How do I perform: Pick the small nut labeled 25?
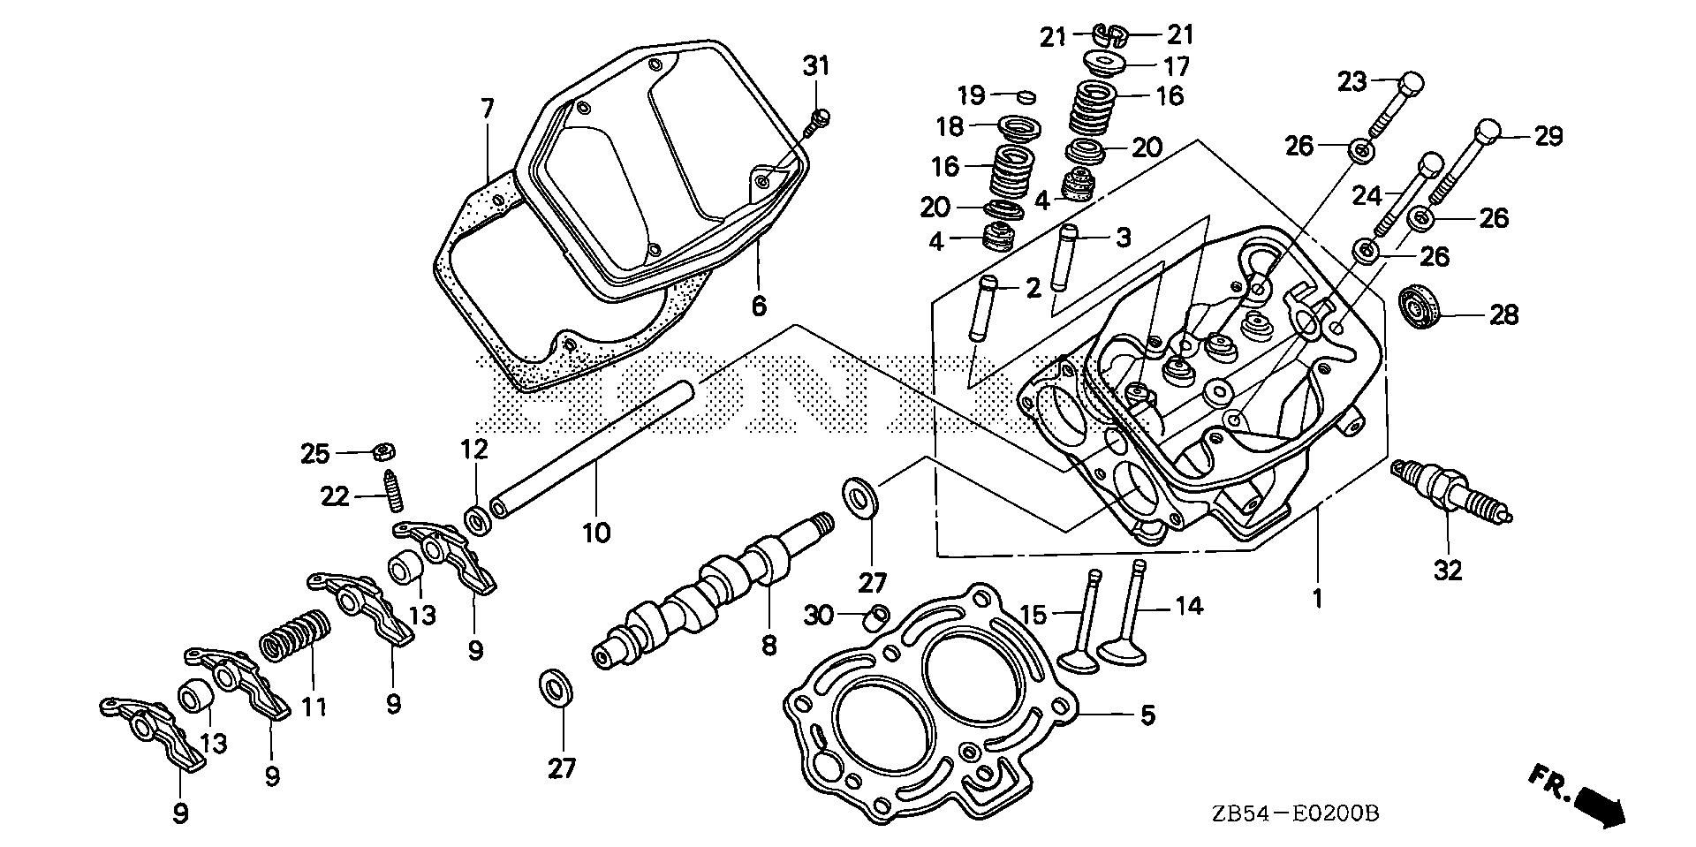(382, 451)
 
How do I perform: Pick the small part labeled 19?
(1024, 95)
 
